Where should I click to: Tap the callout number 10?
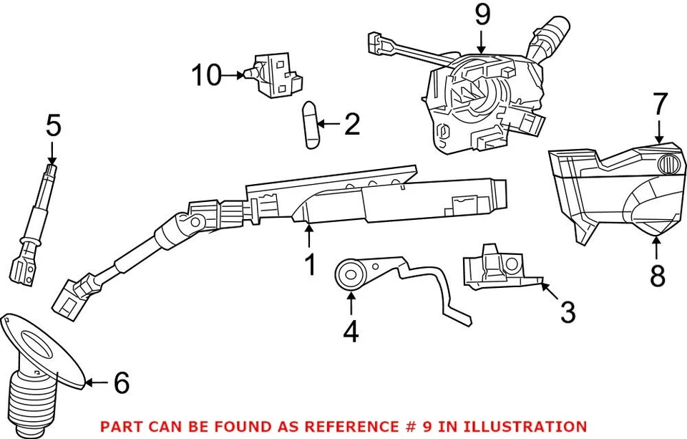pos(207,74)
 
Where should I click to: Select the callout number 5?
pos(53,126)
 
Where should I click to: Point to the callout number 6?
pos(122,383)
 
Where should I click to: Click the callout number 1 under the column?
pos(310,266)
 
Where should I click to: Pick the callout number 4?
pos(351,331)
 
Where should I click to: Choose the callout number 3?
pos(567,312)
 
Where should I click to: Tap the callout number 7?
pos(659,105)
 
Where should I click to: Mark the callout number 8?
pos(658,274)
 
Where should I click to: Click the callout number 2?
pos(351,125)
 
